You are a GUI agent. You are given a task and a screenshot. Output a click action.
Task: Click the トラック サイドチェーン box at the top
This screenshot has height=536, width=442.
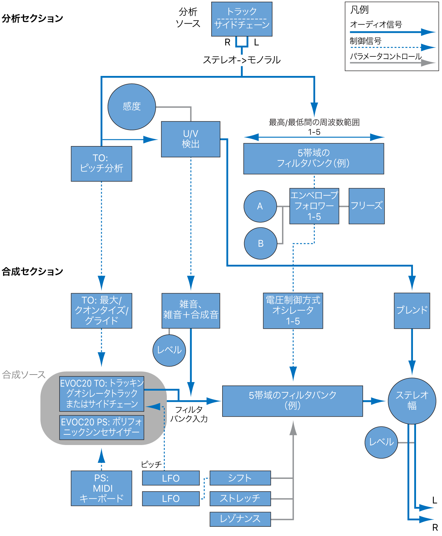click(242, 19)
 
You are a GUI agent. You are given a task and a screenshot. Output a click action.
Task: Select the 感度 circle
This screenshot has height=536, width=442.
click(132, 107)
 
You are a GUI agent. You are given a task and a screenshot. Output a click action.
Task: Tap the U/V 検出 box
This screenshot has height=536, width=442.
click(190, 139)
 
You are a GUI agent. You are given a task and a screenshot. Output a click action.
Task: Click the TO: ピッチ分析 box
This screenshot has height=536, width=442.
click(101, 164)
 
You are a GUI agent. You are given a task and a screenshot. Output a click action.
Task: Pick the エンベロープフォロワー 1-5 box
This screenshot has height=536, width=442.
click(314, 206)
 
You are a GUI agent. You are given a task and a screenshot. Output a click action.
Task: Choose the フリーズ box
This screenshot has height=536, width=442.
click(366, 206)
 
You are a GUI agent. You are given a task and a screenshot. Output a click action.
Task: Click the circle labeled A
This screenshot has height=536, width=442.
click(260, 206)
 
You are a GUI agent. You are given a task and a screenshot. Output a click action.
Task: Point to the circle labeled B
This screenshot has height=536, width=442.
click(260, 244)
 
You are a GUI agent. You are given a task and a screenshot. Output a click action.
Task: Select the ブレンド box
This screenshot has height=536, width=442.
click(412, 311)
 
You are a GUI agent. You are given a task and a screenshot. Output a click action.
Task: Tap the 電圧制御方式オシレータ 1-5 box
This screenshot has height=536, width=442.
click(293, 311)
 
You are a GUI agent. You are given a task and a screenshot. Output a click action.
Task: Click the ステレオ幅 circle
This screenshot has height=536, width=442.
click(412, 401)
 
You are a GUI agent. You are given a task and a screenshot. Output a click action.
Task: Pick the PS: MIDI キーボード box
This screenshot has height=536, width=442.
click(101, 488)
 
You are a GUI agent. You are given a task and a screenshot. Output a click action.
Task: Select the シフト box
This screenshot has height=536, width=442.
click(240, 478)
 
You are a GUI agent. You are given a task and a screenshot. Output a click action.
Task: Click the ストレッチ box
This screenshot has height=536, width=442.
click(240, 498)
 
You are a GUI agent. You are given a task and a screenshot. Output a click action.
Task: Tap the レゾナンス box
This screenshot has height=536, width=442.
click(240, 519)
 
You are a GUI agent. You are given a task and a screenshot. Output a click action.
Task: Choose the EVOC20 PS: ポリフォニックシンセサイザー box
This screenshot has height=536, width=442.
click(102, 427)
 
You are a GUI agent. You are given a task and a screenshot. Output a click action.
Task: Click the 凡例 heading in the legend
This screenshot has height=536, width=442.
click(359, 10)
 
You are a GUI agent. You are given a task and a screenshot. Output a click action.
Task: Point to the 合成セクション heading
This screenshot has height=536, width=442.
click(32, 272)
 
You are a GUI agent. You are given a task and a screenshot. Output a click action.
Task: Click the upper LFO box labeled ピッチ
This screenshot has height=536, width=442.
click(171, 478)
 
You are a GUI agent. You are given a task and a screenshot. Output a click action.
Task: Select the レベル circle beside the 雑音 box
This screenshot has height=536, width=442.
click(169, 350)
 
